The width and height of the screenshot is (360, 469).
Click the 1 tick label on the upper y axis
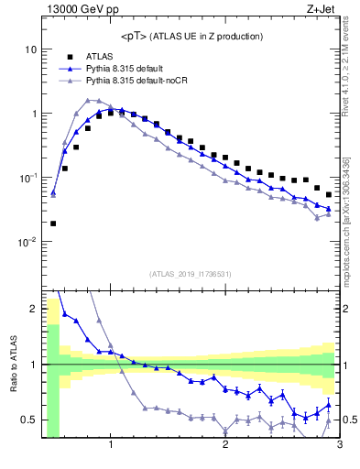coord(34,114)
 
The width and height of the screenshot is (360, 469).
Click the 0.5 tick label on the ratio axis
coord(29,420)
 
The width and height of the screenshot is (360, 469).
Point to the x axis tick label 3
coord(339,446)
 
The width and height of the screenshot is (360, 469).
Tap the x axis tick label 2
coord(225,446)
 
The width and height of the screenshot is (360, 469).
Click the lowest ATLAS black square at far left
coord(53,223)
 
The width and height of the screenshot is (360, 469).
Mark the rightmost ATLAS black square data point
coord(329,195)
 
